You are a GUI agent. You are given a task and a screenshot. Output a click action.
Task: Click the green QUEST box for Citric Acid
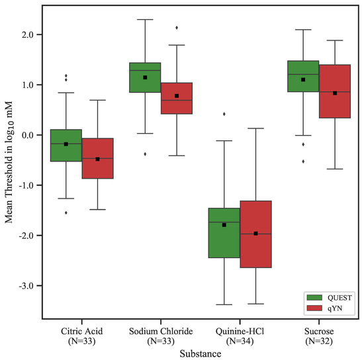(x=66, y=146)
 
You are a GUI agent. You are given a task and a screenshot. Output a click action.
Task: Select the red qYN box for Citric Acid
(x=97, y=159)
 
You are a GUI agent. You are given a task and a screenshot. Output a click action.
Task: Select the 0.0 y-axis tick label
(x=26, y=135)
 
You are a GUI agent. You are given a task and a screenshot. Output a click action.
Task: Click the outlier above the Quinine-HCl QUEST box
(x=224, y=114)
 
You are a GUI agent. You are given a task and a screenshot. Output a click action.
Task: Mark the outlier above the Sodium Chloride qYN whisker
(x=176, y=28)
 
